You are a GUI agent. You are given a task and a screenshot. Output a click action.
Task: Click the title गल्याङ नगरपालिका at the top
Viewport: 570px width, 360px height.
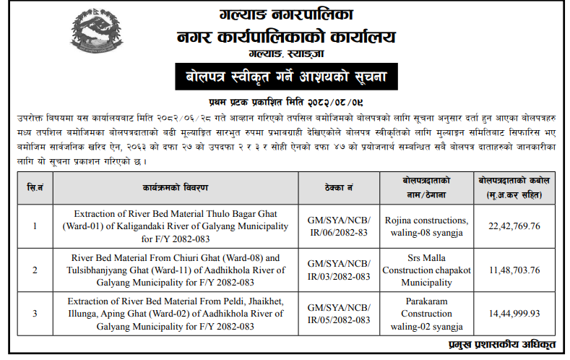tap(284, 13)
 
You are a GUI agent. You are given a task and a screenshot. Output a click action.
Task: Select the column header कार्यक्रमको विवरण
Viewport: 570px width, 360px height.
tap(175, 187)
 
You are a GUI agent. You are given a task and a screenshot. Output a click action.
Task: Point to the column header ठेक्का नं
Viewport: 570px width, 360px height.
tap(339, 187)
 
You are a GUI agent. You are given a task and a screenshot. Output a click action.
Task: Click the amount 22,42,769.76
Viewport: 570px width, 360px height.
tap(514, 226)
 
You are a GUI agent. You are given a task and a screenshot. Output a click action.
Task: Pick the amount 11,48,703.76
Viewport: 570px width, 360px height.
tap(514, 269)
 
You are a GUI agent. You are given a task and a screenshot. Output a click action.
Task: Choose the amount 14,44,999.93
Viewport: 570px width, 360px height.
tap(514, 313)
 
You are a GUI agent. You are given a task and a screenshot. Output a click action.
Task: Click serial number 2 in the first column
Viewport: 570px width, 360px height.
tap(34, 269)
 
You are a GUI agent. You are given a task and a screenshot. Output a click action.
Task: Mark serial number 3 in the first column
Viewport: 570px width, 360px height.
tap(34, 313)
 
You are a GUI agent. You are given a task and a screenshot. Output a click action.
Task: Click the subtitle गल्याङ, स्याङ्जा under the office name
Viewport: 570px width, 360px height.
tap(284, 54)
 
